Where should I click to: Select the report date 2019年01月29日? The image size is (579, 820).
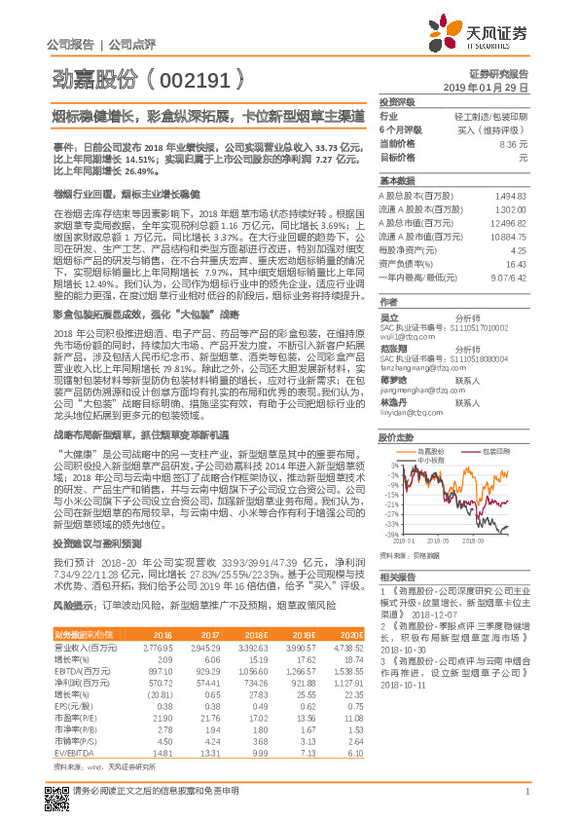pyautogui.click(x=492, y=87)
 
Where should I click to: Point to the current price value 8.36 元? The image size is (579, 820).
pyautogui.click(x=513, y=143)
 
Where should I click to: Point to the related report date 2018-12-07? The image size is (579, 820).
pyautogui.click(x=430, y=615)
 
